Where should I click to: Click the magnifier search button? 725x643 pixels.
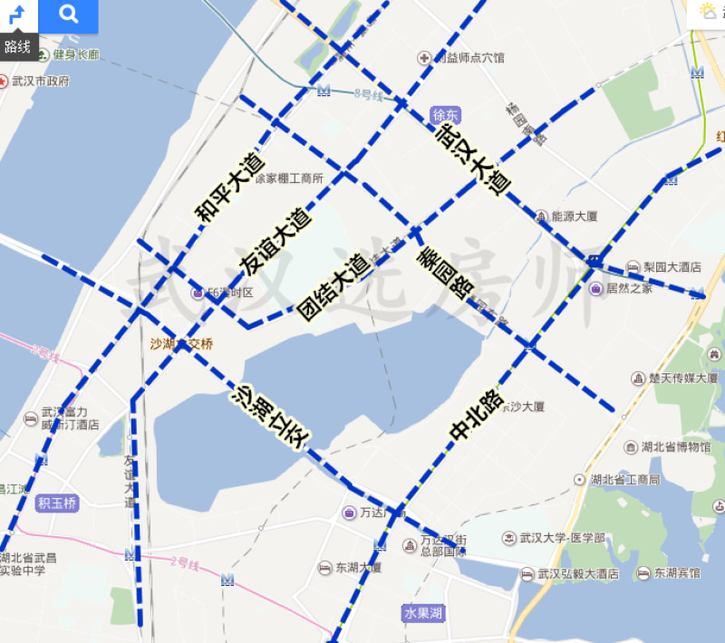[x=68, y=15]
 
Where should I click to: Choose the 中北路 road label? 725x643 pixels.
[x=477, y=416]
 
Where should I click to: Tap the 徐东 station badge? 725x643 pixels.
[x=447, y=115]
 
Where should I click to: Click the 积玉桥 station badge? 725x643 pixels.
[x=57, y=503]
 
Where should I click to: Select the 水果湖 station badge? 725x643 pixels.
[x=423, y=613]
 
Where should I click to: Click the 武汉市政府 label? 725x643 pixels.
[x=40, y=81]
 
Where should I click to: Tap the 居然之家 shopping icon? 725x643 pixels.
[x=595, y=289]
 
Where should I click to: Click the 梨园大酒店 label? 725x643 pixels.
[x=672, y=267]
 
